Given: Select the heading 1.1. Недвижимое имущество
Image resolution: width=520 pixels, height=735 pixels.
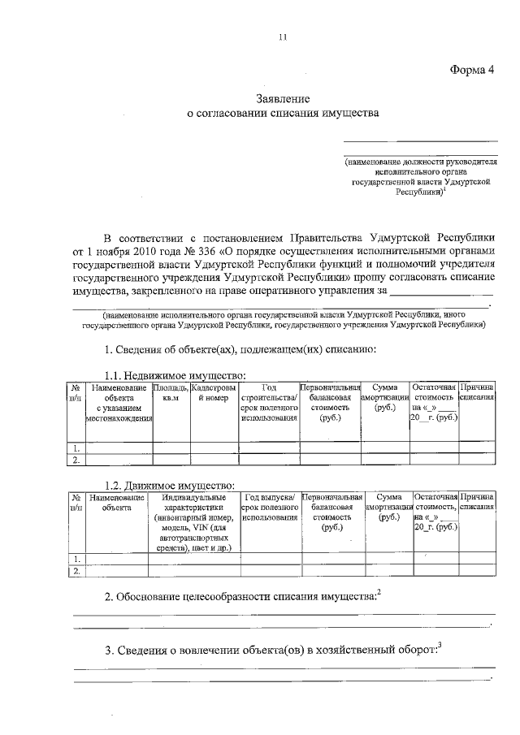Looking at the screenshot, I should pyautogui.click(x=175, y=375).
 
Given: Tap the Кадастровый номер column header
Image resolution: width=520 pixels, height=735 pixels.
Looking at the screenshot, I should pyautogui.click(x=214, y=393).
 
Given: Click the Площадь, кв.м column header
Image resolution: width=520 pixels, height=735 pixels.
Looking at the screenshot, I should pyautogui.click(x=171, y=393).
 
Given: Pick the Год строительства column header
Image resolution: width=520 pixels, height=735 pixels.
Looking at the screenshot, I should pyautogui.click(x=268, y=403).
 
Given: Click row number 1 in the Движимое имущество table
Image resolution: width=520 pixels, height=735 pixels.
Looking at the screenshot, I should pyautogui.click(x=76, y=559).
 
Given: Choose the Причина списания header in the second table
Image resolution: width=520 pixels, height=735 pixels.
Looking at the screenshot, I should pyautogui.click(x=477, y=501).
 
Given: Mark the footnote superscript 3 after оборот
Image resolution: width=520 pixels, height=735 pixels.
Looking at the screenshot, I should pyautogui.click(x=440, y=645).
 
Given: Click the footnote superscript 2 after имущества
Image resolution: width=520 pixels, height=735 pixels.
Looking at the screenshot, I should pyautogui.click(x=379, y=594).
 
